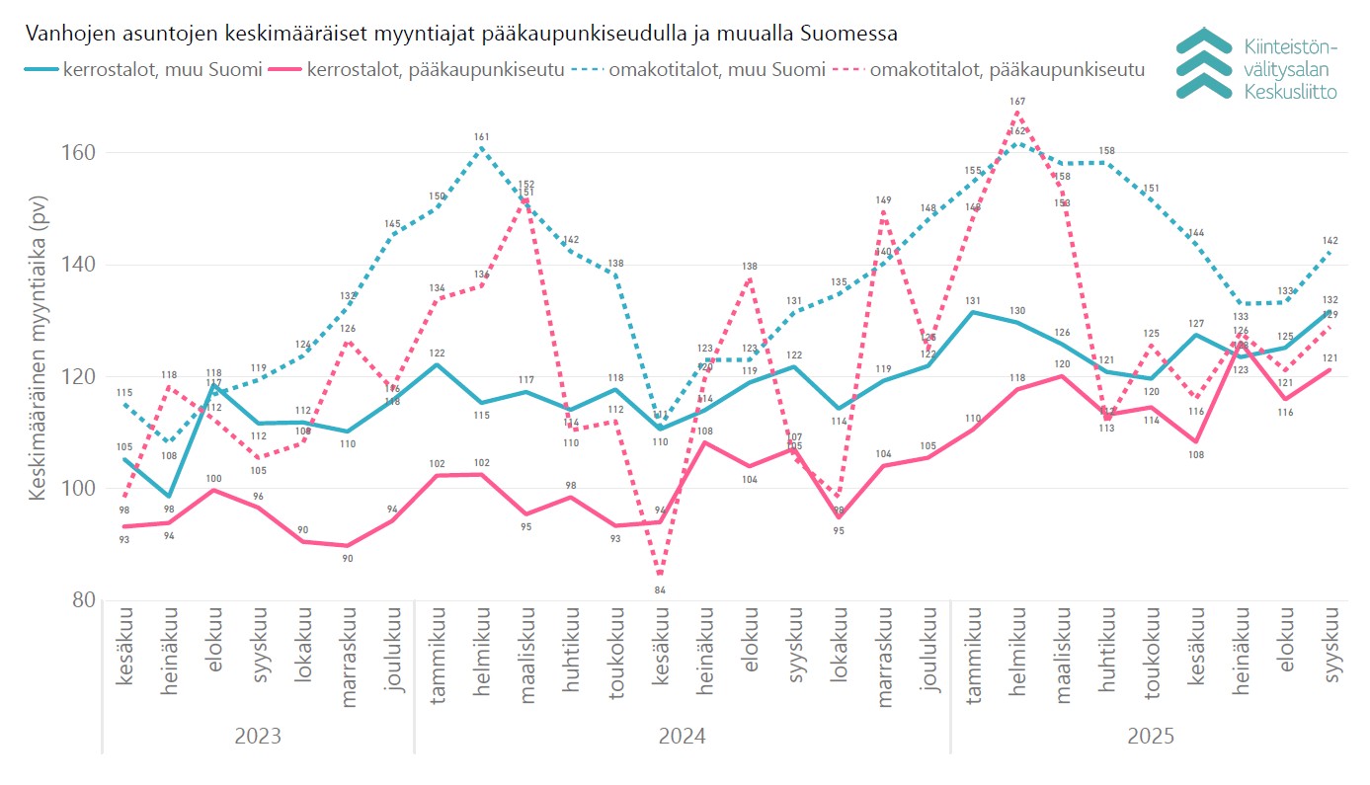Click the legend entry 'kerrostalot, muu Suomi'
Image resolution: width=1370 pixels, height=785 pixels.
click(163, 69)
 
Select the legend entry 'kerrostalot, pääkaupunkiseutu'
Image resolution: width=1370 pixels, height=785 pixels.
click(436, 69)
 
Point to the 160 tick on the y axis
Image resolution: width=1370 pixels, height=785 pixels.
click(81, 153)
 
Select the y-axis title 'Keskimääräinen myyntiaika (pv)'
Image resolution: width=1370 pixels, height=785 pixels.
click(39, 349)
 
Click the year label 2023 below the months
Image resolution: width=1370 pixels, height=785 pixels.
click(258, 737)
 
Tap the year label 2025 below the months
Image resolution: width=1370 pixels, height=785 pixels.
click(1151, 737)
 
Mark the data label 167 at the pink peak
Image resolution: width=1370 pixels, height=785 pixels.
click(1017, 102)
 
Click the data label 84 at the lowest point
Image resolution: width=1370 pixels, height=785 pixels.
click(660, 590)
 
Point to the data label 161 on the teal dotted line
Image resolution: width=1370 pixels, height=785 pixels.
click(482, 137)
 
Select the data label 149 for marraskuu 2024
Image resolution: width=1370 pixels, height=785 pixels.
click(884, 200)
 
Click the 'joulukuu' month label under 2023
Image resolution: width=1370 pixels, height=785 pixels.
click(393, 653)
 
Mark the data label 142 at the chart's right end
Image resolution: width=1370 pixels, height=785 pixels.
click(1330, 241)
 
